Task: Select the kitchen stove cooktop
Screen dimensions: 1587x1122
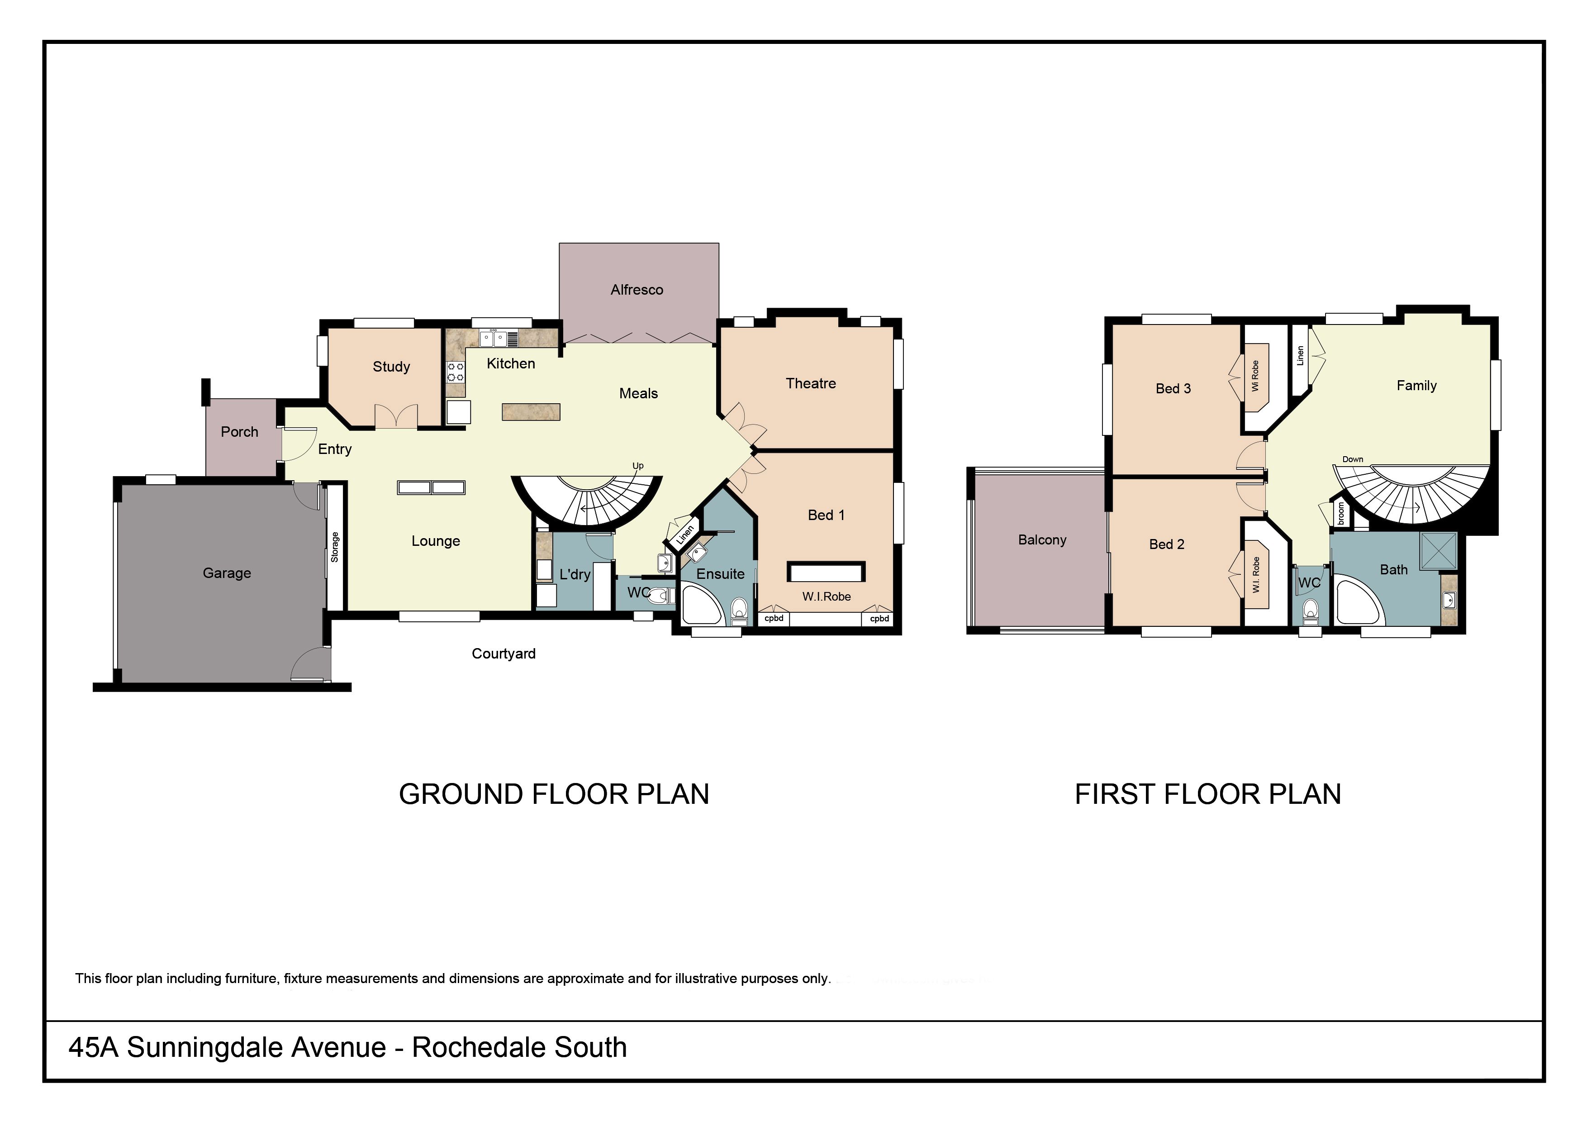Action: (x=456, y=372)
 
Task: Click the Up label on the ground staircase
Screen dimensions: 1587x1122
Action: (x=637, y=466)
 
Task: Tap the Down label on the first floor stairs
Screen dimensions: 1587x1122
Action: (x=1353, y=459)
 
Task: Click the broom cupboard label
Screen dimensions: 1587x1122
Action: (x=1341, y=514)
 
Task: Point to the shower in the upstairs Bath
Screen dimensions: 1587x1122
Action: (x=1438, y=551)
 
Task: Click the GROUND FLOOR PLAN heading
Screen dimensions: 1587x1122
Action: (x=554, y=794)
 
